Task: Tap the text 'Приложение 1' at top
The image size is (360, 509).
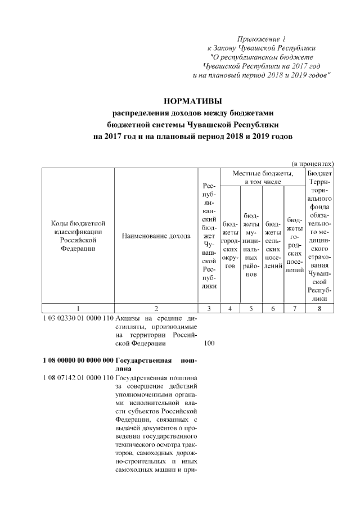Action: (262, 39)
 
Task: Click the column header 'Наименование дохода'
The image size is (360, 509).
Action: (156, 236)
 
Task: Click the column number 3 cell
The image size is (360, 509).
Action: (209, 308)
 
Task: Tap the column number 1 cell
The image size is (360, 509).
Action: (78, 308)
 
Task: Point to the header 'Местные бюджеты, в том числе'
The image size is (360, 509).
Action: (263, 178)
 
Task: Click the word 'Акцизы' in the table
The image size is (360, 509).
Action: (128, 318)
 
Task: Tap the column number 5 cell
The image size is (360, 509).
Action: (251, 308)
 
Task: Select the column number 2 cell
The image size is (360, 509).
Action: (156, 308)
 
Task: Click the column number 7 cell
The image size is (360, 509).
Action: (294, 308)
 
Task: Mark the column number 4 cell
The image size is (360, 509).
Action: (230, 308)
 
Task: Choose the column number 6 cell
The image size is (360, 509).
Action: (273, 308)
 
